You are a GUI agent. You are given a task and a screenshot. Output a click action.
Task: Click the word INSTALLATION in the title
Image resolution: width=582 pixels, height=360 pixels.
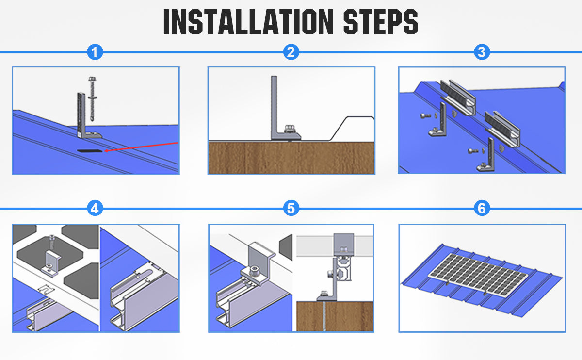point(248,22)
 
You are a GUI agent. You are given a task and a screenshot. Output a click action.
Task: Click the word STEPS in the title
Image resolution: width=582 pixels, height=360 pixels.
point(381,22)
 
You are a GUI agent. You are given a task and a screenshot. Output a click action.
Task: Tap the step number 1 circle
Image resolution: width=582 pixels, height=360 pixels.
point(95,52)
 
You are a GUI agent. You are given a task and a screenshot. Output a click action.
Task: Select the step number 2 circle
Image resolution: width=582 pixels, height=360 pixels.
point(291,52)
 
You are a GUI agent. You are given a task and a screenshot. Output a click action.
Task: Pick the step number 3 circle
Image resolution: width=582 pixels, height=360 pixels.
point(482,52)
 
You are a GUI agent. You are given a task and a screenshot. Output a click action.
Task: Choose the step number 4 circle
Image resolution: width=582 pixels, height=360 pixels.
point(95,208)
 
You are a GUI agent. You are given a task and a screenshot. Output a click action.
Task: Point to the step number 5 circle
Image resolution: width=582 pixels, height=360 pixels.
point(291,208)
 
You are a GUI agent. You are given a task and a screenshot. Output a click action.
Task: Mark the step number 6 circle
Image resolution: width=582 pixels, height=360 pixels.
point(482,208)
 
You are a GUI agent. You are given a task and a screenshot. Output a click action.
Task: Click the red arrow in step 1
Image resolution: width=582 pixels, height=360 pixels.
point(141,147)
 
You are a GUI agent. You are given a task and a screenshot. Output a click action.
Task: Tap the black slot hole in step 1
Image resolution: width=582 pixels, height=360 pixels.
point(90,151)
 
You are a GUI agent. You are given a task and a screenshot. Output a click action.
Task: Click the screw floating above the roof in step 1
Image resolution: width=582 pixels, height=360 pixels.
point(92,99)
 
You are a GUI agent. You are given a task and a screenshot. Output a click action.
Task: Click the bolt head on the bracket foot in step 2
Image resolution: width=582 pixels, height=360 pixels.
point(289,129)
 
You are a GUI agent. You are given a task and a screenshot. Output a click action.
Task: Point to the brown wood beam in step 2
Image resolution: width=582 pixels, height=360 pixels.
point(291,158)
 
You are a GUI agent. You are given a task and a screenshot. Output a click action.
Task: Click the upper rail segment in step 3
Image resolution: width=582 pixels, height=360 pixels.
point(458,98)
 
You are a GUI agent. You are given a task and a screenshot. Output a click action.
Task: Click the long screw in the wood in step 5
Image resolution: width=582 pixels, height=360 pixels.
point(324,316)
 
